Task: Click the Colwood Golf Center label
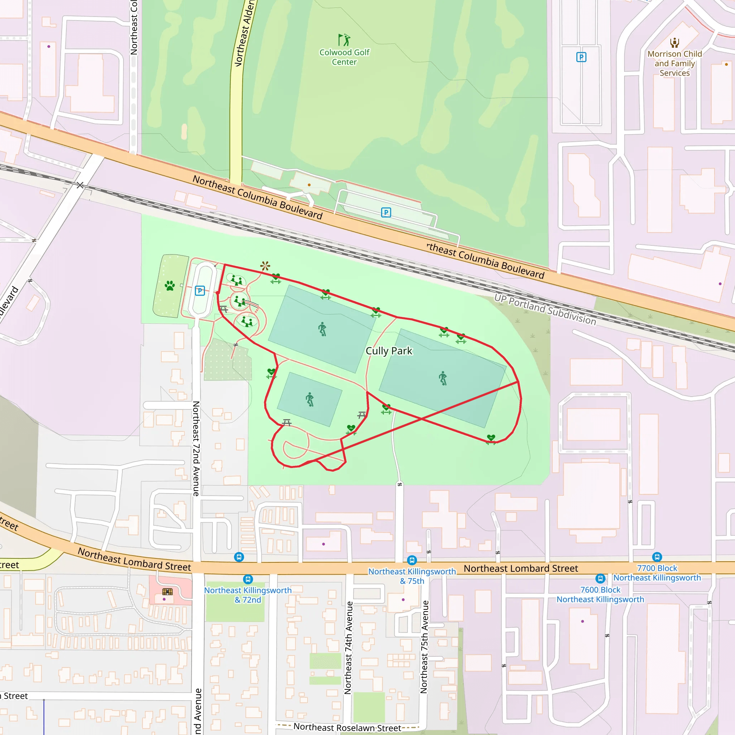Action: click(344, 57)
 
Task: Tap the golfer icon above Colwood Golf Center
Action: click(344, 39)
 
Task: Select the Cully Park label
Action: click(389, 351)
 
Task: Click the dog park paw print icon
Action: click(170, 285)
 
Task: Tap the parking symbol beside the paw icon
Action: click(200, 291)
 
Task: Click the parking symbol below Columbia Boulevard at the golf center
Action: click(386, 212)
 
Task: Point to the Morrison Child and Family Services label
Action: click(674, 63)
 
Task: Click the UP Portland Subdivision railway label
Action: click(545, 309)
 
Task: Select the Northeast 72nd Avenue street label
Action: click(196, 449)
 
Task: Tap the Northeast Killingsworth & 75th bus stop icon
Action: click(412, 560)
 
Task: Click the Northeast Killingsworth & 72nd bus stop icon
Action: click(248, 579)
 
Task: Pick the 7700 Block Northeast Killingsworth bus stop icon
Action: click(657, 557)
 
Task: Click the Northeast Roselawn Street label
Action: click(347, 728)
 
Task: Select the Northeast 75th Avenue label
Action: click(424, 647)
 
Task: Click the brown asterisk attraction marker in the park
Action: click(265, 266)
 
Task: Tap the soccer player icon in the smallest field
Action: click(310, 399)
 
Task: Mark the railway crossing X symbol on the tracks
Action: click(80, 185)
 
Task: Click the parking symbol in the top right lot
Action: click(581, 57)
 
